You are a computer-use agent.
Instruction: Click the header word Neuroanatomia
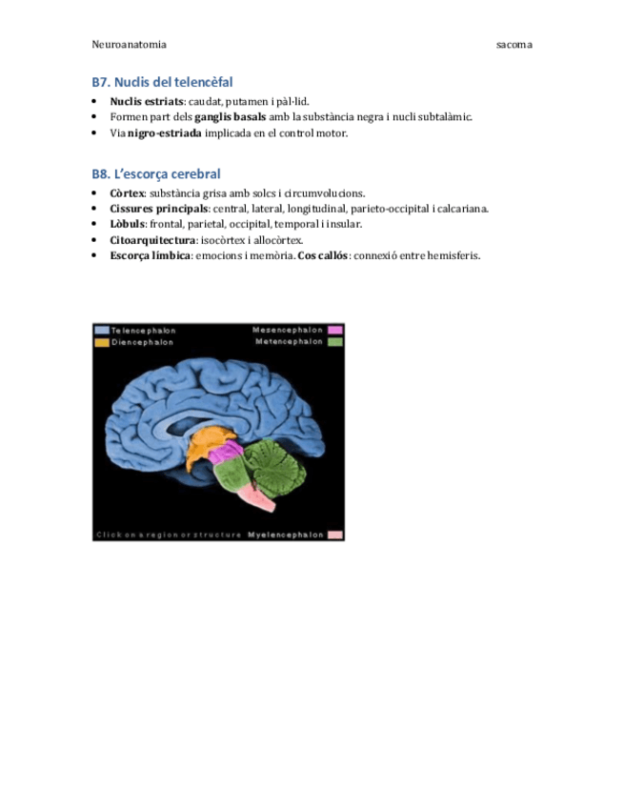click(129, 44)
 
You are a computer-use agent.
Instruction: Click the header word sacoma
click(514, 44)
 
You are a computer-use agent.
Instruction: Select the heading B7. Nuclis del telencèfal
click(162, 82)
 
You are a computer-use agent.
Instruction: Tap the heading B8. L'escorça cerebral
click(156, 173)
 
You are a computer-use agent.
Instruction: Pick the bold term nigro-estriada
click(165, 132)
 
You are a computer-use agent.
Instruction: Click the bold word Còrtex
click(127, 192)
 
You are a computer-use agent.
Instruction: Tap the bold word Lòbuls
click(128, 224)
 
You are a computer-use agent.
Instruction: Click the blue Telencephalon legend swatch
click(101, 330)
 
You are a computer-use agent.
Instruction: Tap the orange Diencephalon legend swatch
click(101, 341)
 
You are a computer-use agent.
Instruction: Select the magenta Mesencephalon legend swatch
click(335, 330)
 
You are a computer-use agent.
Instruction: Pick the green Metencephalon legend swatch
click(335, 341)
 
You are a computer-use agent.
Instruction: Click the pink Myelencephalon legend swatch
click(334, 535)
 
